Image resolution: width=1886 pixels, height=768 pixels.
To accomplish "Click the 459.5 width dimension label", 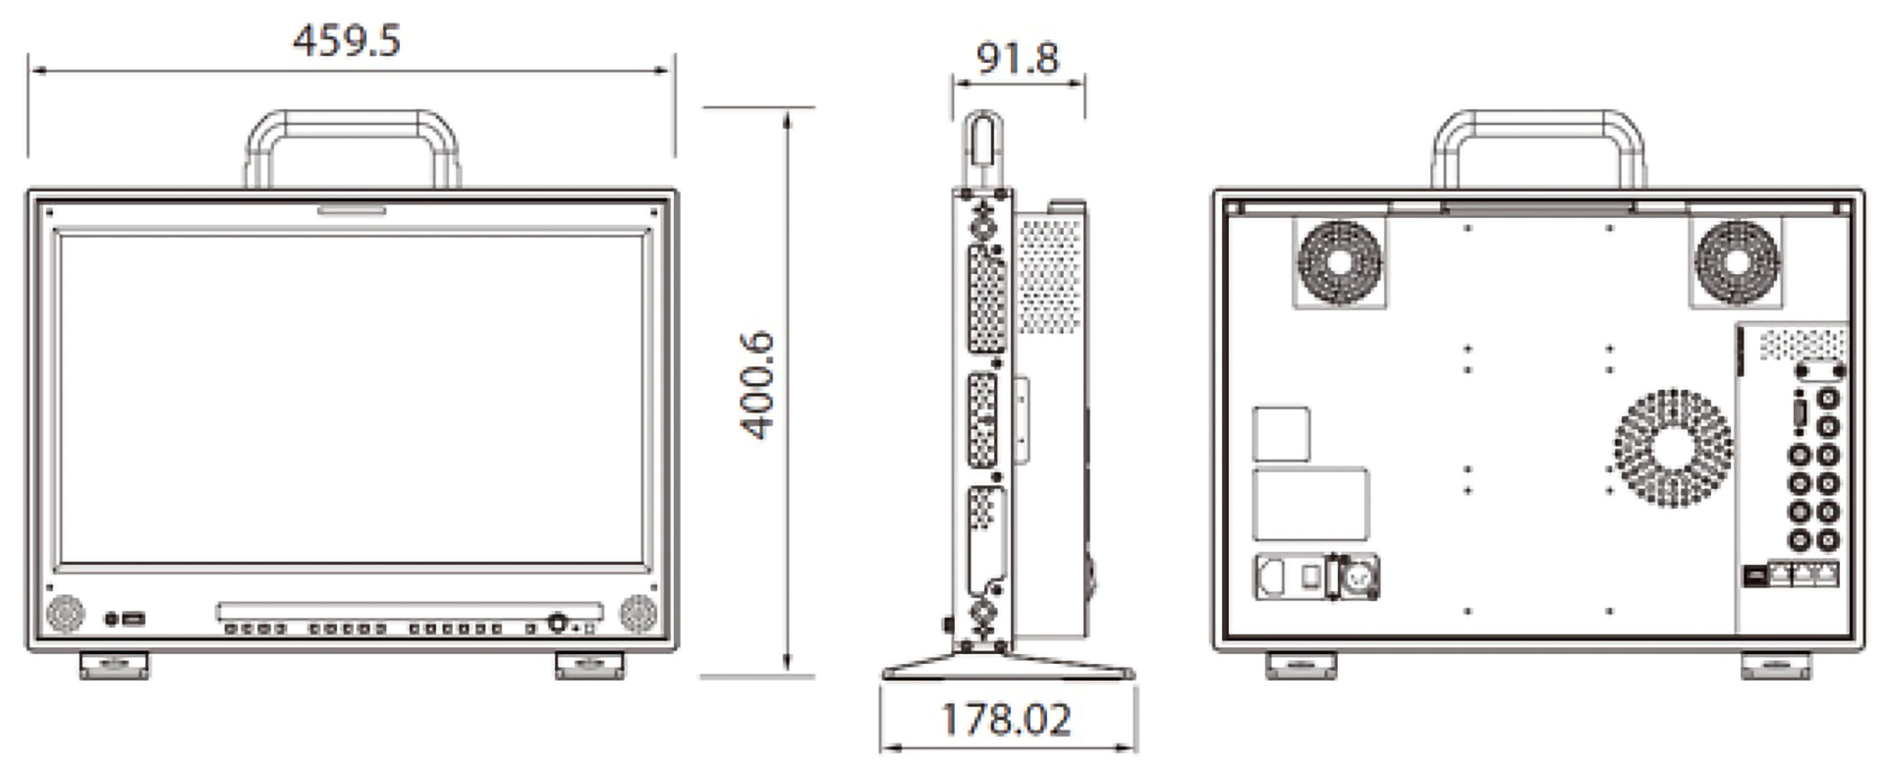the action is (x=347, y=41).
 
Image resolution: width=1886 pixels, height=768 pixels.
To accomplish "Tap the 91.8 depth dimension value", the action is (x=1018, y=59).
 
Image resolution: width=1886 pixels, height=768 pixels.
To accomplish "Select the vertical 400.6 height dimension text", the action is (x=757, y=385).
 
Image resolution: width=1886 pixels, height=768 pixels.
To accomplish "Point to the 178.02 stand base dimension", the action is (x=1006, y=720).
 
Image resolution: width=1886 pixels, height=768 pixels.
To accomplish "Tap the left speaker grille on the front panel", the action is (x=65, y=614).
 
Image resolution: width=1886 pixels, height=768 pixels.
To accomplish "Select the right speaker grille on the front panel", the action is (x=638, y=614).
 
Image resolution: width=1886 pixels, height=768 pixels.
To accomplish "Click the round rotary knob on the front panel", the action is (x=558, y=623).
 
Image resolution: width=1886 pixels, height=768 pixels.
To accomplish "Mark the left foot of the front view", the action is (x=115, y=665).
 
